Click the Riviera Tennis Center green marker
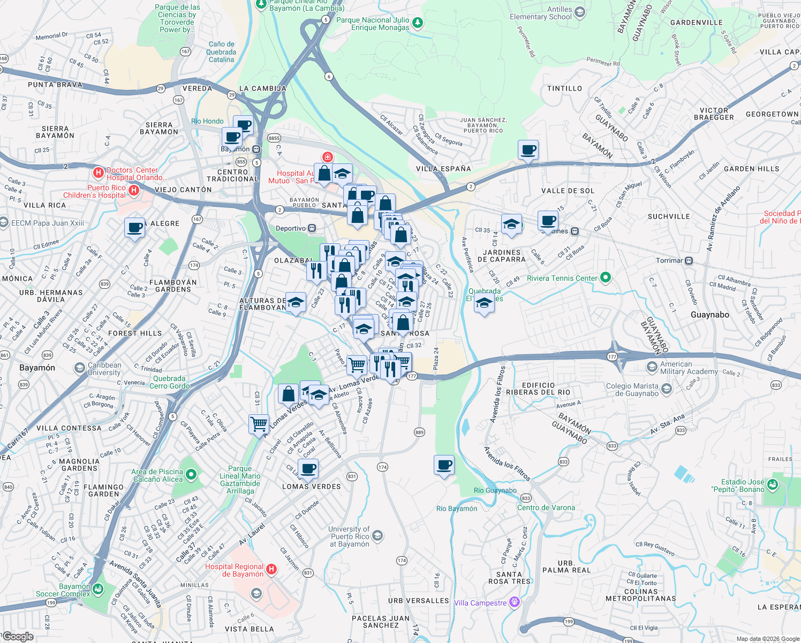[x=606, y=278]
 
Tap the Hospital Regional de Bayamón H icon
[x=271, y=570]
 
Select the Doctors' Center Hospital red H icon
[x=98, y=173]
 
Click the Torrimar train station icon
[x=689, y=261]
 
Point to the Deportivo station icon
[x=312, y=228]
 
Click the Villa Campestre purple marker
[x=515, y=602]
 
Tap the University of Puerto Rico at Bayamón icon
[x=377, y=536]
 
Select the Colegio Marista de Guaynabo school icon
[x=667, y=388]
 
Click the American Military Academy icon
[x=652, y=367]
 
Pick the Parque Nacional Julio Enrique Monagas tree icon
[x=418, y=23]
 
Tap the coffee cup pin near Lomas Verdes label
[x=308, y=469]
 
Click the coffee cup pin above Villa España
[x=528, y=150]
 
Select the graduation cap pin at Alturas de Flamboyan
[x=296, y=303]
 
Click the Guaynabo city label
[x=709, y=315]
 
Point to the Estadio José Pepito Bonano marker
[x=772, y=485]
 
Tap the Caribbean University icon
[x=80, y=368]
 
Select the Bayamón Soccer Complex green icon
[x=97, y=589]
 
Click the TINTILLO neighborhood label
[x=564, y=88]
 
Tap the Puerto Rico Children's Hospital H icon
[x=134, y=190]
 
